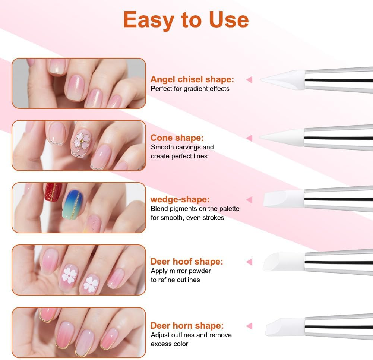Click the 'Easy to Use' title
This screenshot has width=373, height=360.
pyautogui.click(x=186, y=19)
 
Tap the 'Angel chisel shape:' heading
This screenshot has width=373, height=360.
pyautogui.click(x=192, y=79)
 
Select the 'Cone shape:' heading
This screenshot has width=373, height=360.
pyautogui.click(x=177, y=138)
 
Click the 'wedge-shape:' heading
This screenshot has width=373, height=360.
pyautogui.click(x=180, y=199)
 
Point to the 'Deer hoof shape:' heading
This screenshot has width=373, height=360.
pyautogui.click(x=187, y=261)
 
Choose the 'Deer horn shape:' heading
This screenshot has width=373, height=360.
pyautogui.click(x=187, y=325)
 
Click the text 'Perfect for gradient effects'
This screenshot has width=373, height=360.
pyautogui.click(x=190, y=89)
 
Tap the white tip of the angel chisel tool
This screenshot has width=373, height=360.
pyautogui.click(x=285, y=79)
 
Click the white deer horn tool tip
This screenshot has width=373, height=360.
pyautogui.click(x=285, y=326)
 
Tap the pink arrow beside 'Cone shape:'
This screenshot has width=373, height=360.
pyautogui.click(x=249, y=138)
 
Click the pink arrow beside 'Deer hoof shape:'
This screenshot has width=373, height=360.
pyautogui.click(x=249, y=262)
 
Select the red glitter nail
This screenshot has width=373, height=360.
pyautogui.click(x=53, y=192)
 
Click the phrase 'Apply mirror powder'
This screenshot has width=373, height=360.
pyautogui.click(x=181, y=271)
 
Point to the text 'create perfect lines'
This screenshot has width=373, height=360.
pyautogui.click(x=179, y=156)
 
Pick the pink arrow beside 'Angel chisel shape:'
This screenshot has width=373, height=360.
pyautogui.click(x=249, y=79)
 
